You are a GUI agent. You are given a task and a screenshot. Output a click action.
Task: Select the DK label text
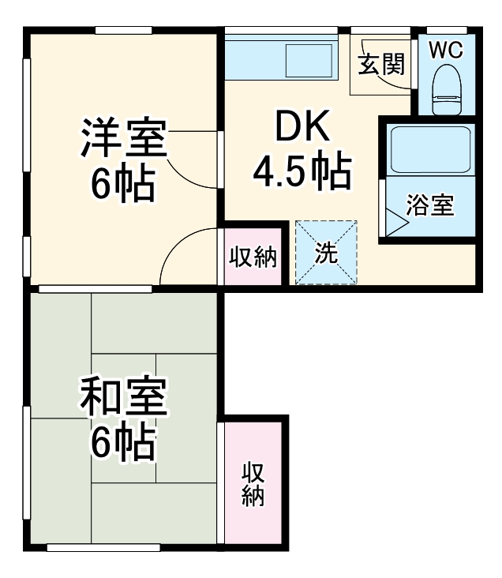tap(299, 126)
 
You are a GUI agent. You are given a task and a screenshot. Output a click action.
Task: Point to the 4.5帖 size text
tap(301, 171)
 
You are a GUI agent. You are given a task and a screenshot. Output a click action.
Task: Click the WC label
tap(446, 49)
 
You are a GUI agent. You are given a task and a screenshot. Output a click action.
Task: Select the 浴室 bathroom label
tap(429, 205)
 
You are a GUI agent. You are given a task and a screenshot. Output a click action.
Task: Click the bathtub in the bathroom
tap(430, 149)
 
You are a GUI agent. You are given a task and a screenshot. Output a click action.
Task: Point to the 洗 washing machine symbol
tap(326, 253)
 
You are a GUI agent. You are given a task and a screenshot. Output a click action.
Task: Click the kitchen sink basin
tap(309, 61)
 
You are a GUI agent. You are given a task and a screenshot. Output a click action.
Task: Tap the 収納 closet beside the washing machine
tap(253, 257)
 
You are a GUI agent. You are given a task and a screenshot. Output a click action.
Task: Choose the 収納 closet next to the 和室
tap(253, 483)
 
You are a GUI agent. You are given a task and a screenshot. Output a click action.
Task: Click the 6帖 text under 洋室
tap(122, 186)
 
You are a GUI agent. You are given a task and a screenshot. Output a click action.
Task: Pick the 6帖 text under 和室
tap(122, 444)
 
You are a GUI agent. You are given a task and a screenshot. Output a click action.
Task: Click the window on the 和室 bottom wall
tap(103, 546)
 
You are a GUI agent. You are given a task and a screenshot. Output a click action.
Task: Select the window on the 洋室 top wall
tap(123, 31)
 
